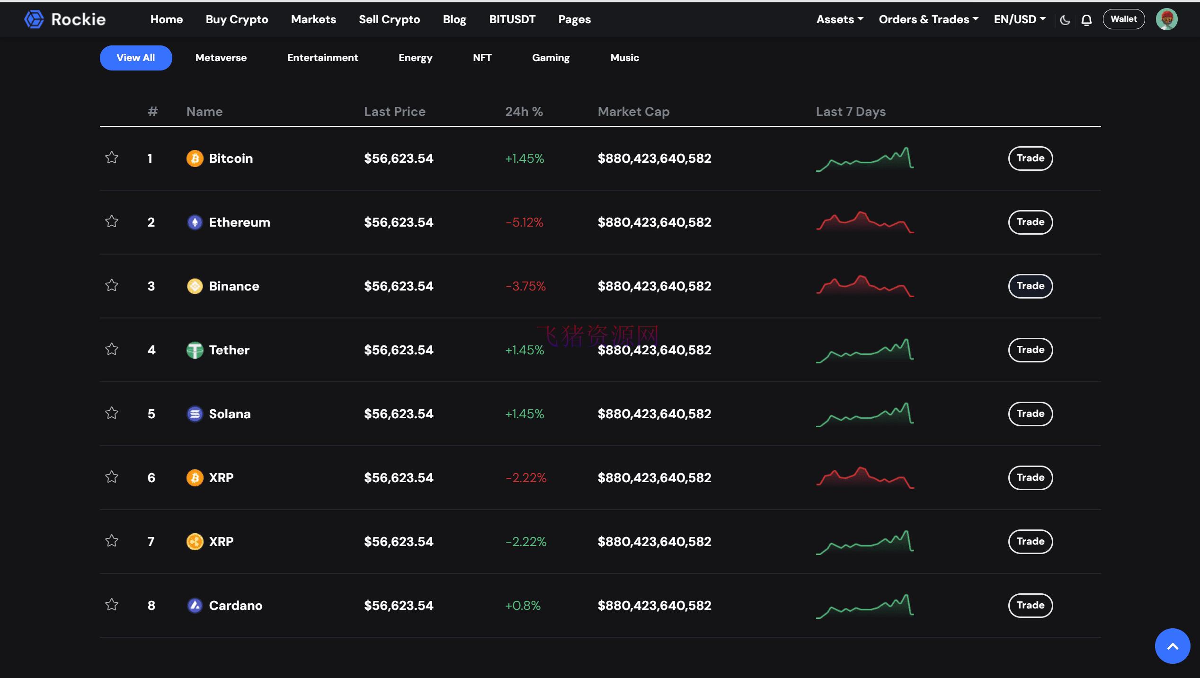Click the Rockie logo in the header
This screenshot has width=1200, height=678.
(65, 19)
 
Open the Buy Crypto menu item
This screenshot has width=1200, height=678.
(237, 19)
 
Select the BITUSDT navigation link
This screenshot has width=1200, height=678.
(512, 19)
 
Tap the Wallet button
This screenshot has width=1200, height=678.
(1123, 19)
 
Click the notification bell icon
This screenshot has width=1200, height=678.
(1086, 20)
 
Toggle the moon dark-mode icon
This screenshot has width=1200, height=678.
(1065, 20)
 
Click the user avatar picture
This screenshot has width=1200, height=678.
(1166, 19)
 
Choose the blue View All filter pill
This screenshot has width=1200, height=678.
(136, 58)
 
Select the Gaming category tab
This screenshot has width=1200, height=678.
(551, 58)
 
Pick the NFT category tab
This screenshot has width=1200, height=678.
(482, 58)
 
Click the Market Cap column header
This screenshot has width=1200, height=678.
(633, 112)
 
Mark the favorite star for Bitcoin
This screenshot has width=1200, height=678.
(112, 158)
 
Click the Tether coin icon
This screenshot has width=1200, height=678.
(195, 350)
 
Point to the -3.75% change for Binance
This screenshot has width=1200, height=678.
(525, 286)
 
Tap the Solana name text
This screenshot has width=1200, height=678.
(230, 414)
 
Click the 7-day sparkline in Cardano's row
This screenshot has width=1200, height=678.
(864, 606)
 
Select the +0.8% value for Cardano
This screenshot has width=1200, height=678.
(523, 606)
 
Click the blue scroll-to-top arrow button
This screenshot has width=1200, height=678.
(1172, 646)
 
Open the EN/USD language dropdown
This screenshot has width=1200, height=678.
(1019, 19)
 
